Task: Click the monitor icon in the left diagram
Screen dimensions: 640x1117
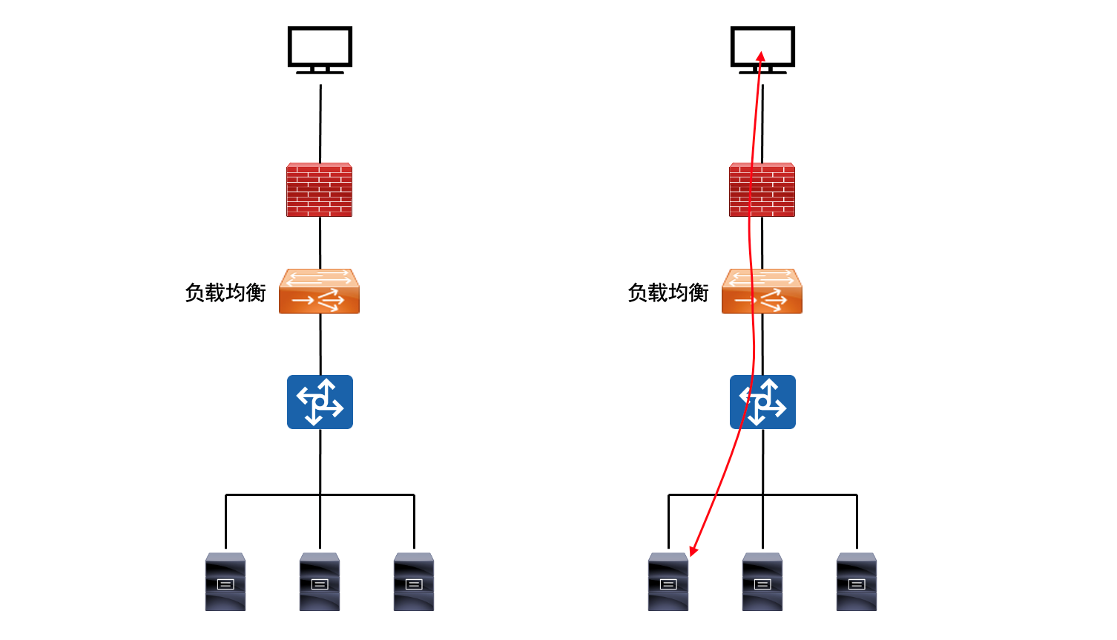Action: (320, 49)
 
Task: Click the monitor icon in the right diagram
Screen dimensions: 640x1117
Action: (762, 49)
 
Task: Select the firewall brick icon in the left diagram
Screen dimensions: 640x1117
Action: (320, 190)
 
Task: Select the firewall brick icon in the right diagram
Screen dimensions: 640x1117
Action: (762, 190)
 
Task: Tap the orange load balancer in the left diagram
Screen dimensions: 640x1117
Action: (320, 292)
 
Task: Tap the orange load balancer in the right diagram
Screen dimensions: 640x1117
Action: (762, 292)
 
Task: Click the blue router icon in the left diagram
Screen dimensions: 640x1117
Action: (320, 402)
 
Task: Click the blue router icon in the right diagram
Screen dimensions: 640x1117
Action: (762, 402)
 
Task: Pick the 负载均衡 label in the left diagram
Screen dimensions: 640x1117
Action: (225, 293)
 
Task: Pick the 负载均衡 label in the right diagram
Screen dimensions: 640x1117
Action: (668, 293)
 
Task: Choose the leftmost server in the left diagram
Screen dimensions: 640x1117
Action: (225, 581)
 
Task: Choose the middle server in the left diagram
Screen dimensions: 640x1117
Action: (320, 581)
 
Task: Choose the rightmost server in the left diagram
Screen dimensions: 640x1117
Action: (414, 581)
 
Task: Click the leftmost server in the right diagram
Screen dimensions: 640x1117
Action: (668, 581)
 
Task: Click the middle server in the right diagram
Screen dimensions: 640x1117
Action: (762, 581)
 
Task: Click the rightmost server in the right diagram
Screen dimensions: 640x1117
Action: (857, 581)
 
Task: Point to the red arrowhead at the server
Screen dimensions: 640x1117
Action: (693, 550)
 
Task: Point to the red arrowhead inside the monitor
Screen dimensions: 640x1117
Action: (760, 56)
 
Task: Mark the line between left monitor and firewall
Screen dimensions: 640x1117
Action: (320, 123)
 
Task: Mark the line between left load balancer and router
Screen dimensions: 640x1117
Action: (320, 344)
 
